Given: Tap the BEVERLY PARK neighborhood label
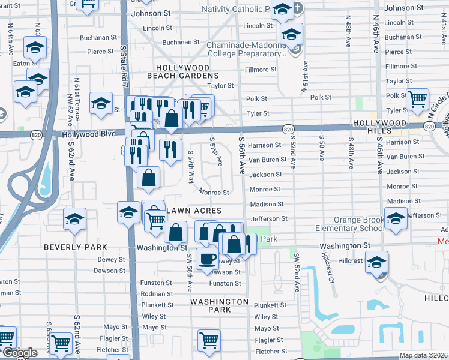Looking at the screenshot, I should pyautogui.click(x=75, y=247).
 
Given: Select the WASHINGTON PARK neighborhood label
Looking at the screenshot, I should pyautogui.click(x=221, y=305).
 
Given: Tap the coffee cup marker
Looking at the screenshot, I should pyautogui.click(x=208, y=259).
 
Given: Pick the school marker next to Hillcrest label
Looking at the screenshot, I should pyautogui.click(x=376, y=263).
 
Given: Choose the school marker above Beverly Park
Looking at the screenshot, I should pyautogui.click(x=74, y=219).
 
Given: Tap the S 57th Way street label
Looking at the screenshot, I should pyautogui.click(x=190, y=166).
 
